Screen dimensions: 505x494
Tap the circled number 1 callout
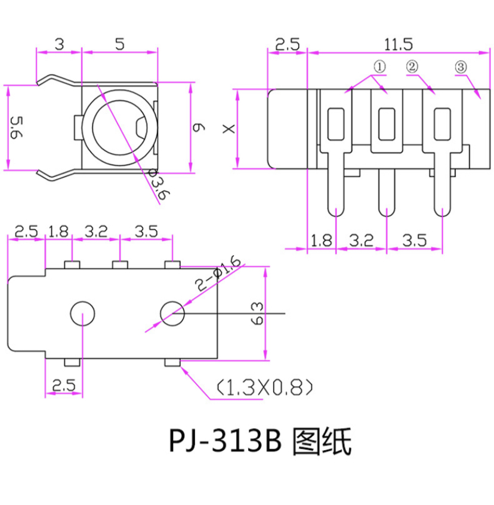[380, 67]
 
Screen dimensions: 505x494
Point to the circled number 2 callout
[412, 67]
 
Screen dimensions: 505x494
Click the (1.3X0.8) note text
[263, 389]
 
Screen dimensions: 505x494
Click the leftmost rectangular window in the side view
[336, 123]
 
